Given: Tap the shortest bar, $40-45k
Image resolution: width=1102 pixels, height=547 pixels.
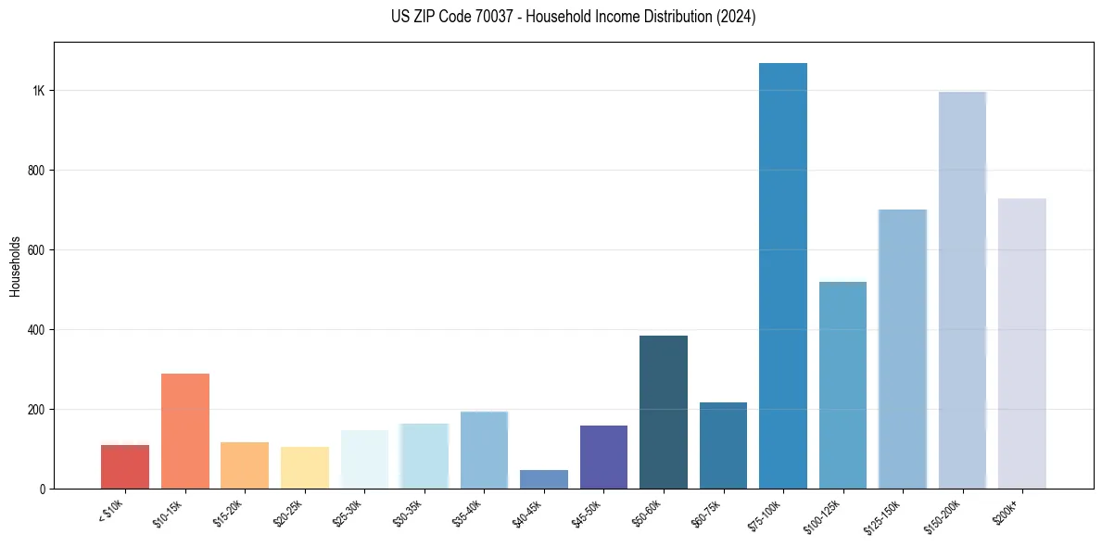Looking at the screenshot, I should pos(544,479).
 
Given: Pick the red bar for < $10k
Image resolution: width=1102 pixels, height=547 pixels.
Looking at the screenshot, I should pos(125,466).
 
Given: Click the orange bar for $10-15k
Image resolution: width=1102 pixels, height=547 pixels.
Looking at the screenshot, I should pos(185,431).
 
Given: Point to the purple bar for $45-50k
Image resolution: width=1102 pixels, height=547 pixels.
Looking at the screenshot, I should pos(603,457).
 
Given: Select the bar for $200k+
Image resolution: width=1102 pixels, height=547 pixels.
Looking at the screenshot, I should pos(1022,343).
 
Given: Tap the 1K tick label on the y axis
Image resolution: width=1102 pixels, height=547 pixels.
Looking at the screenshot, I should pos(38,91).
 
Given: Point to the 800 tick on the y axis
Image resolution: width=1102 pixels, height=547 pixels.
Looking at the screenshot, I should pos(36,171).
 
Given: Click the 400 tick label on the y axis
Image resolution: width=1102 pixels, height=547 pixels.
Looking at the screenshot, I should pos(36,330).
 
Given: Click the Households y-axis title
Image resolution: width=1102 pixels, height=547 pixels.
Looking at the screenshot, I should pos(16,265).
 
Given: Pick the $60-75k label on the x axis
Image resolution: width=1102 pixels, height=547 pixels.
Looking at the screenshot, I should pos(708,513).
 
